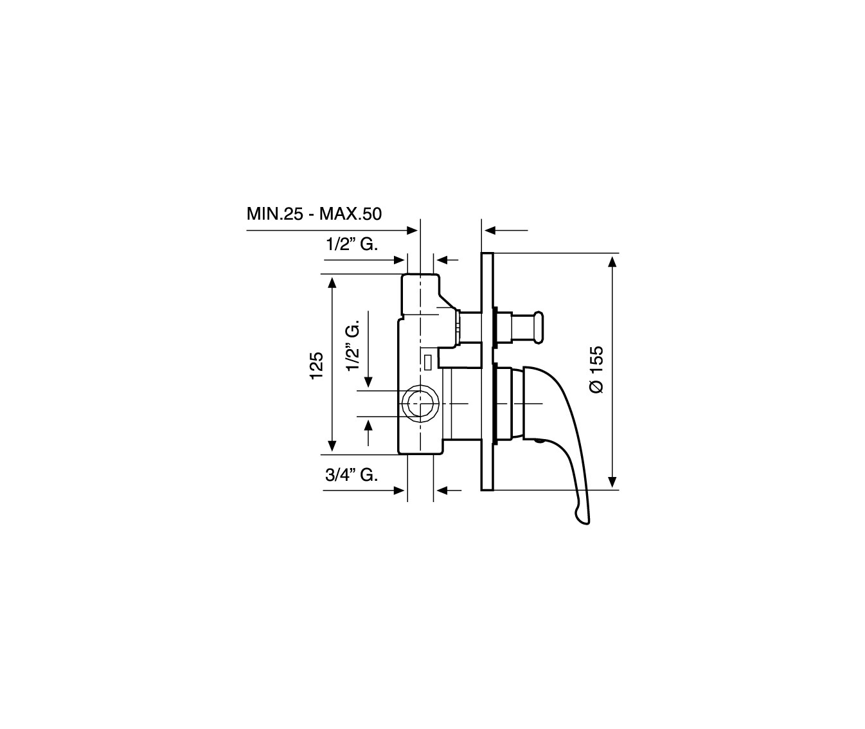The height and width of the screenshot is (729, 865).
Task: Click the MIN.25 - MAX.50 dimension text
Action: coord(314,214)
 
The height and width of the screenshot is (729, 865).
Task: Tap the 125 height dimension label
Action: coord(317,365)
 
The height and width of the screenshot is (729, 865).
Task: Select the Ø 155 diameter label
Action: coord(596,370)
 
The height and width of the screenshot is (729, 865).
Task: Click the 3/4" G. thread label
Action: coord(352,475)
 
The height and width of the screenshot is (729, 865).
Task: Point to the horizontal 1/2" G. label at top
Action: coord(352,244)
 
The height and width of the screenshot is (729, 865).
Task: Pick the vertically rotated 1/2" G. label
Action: coord(353,346)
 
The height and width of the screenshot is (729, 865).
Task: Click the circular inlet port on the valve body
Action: coord(420,403)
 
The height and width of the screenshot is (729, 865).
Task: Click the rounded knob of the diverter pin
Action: coord(538,328)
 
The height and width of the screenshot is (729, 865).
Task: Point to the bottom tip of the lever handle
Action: coord(585,524)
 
